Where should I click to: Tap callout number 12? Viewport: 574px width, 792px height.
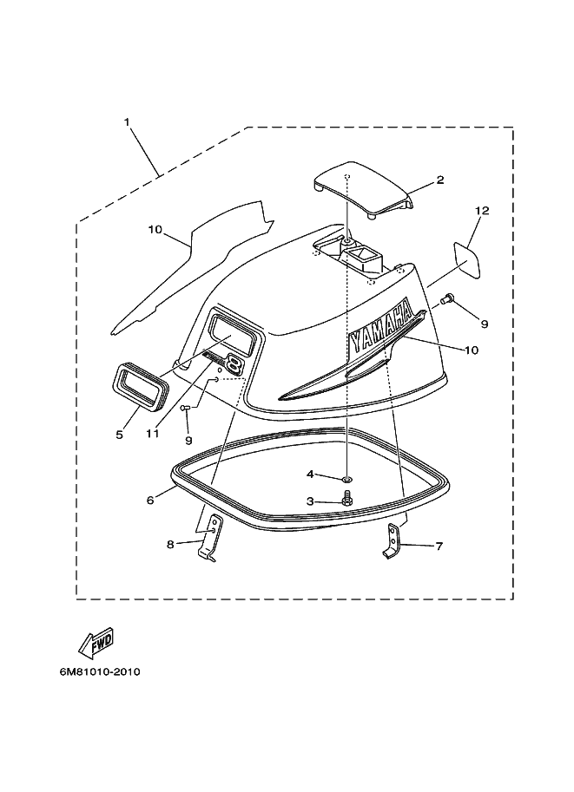click(482, 211)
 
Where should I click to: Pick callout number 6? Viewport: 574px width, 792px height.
click(149, 500)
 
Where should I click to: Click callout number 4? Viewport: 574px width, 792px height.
click(310, 474)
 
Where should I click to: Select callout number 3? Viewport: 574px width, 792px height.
click(310, 501)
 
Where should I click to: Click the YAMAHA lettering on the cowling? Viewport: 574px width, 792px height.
click(380, 328)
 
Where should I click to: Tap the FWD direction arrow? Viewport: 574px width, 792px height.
click(96, 643)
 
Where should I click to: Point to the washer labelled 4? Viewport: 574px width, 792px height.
click(346, 478)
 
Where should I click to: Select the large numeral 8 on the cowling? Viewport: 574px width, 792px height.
click(233, 363)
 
